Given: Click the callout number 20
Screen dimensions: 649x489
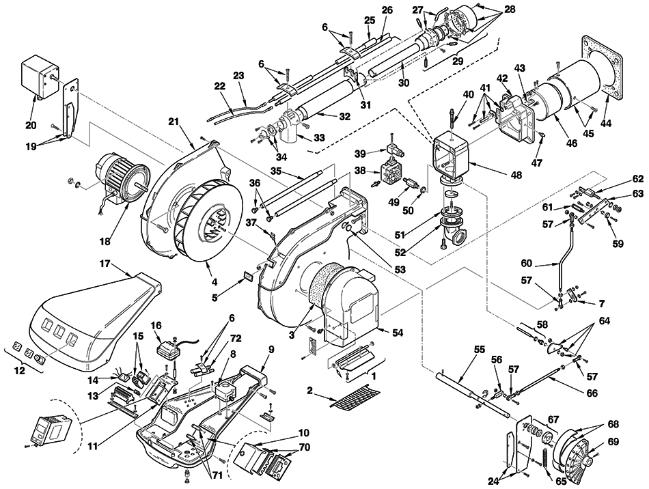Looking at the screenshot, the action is click(x=31, y=125).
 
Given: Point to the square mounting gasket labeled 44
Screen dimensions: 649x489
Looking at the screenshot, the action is click(x=596, y=68).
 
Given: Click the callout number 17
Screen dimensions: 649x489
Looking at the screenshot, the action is click(x=105, y=263).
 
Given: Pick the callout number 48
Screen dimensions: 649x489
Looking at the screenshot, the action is click(x=516, y=175).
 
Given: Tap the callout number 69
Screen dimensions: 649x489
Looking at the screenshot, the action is click(x=614, y=442).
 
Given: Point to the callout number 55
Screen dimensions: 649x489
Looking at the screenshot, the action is click(x=479, y=350).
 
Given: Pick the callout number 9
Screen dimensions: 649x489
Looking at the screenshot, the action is click(x=271, y=349).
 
